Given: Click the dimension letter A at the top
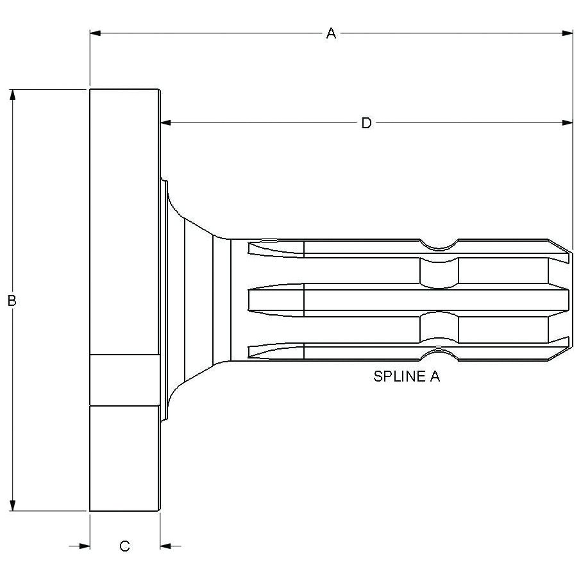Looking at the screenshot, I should pos(331,33).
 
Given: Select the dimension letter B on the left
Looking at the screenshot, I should pos(12,300).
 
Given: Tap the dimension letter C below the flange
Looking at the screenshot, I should pos(125,546).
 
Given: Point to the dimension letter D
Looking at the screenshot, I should pos(366,123).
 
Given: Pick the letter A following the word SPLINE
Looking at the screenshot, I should pos(434,376).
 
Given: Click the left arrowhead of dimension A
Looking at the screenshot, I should pos(96,33).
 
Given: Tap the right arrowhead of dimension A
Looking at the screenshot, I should pos(567,33).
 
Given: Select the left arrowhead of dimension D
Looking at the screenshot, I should pos(165,122).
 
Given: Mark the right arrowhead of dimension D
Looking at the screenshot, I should pos(567,122).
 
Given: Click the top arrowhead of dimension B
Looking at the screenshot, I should pos(12,95).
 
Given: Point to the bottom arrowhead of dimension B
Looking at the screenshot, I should pos(12,505).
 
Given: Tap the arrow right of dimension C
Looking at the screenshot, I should pos(166,546).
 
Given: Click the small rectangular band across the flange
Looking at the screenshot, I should pos(124,380).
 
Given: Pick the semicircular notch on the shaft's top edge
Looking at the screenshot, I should pos(439,244).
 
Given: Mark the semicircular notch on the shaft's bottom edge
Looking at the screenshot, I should pos(439,350).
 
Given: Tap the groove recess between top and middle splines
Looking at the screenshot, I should pos(439,273).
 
